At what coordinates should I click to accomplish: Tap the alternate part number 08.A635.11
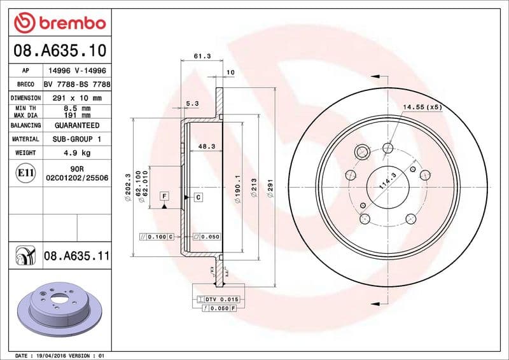pos(77,256)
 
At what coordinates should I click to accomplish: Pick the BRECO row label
pos(25,85)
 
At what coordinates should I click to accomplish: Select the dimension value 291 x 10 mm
pos(73,99)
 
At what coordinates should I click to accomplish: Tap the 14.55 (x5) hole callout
pos(421,107)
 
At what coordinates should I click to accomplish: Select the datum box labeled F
pos(164,196)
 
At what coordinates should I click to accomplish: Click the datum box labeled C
pos(198,197)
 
